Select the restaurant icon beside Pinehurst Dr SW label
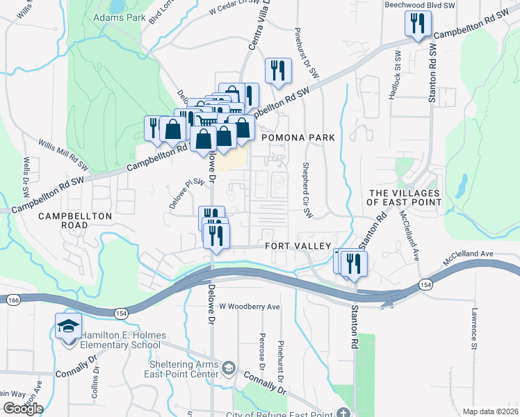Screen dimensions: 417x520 click(277, 71)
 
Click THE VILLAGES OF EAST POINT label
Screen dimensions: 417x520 click(405, 197)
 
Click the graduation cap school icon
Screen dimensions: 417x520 click(69, 327)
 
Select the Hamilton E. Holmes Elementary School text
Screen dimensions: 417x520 click(120, 340)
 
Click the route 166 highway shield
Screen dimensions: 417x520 click(13, 300)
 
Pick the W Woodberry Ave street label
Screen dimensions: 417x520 click(249, 306)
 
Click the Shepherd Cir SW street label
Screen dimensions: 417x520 click(305, 189)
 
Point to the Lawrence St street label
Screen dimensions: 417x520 click(472, 329)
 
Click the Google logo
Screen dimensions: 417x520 click(23, 408)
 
